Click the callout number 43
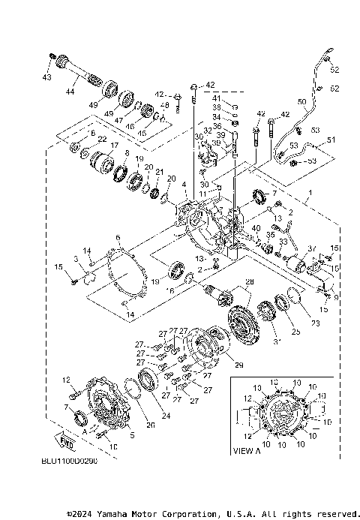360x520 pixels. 46,78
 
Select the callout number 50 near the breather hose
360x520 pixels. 301,101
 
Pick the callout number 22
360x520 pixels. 102,139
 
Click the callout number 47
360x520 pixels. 118,119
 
